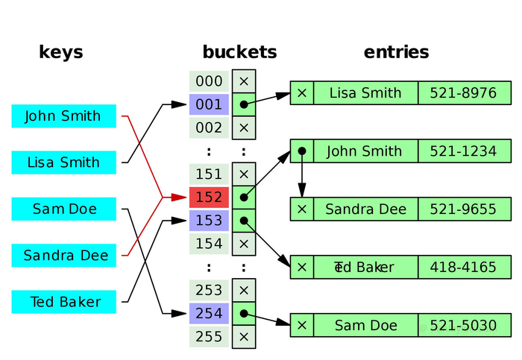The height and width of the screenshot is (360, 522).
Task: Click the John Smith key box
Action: point(64,116)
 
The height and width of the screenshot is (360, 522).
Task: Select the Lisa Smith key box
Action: point(64,162)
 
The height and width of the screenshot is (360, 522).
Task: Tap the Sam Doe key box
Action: point(64,209)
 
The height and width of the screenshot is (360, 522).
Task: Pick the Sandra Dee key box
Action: point(64,255)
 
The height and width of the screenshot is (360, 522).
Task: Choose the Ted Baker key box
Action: point(64,302)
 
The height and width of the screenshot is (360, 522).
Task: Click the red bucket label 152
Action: point(209,198)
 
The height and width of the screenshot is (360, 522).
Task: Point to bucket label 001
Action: point(209,104)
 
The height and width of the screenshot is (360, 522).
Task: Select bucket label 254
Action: point(209,314)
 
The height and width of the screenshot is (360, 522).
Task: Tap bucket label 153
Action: point(209,221)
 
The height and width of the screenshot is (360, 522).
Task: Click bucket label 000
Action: point(209,81)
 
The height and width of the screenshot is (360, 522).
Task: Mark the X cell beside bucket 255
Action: point(244,337)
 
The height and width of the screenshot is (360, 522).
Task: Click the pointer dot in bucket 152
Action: point(244,198)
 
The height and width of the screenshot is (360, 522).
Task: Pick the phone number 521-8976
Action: point(463,93)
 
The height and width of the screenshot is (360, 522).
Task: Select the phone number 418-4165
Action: point(463,267)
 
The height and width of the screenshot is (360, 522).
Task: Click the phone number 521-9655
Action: point(463,209)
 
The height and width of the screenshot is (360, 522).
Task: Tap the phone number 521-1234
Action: point(463,151)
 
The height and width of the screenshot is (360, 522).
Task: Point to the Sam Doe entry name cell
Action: point(366,325)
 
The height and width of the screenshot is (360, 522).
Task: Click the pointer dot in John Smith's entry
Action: point(302,151)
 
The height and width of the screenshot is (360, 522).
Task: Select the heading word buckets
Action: point(239,52)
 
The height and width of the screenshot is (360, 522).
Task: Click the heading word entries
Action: point(396,52)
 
